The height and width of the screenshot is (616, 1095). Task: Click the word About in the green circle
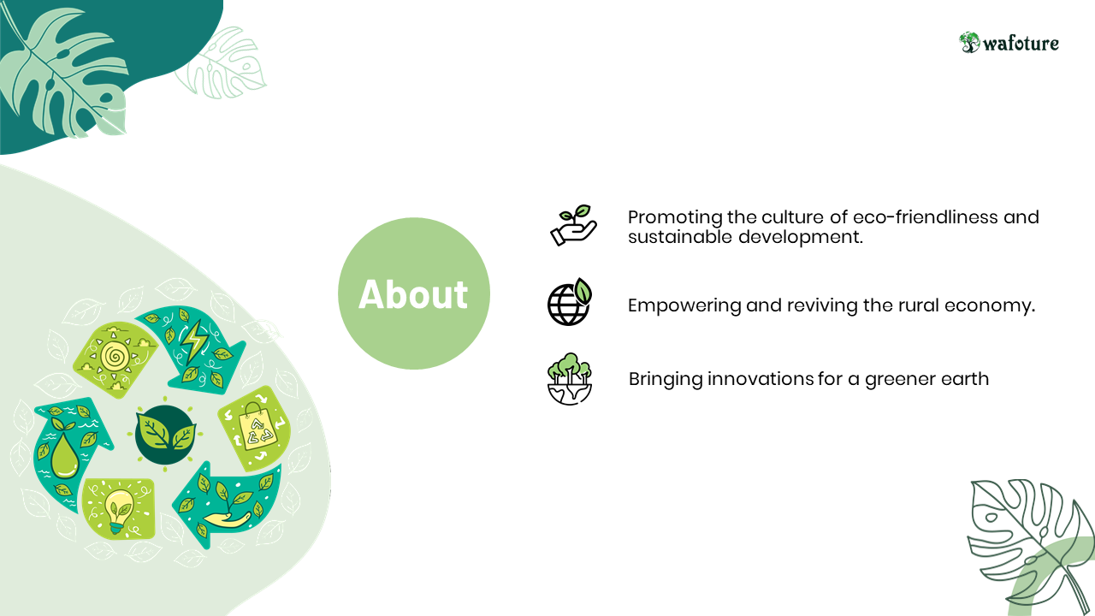[x=413, y=294]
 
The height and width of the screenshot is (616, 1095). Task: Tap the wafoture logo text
[x=1021, y=44]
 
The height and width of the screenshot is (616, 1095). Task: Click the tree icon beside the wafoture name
[x=969, y=43]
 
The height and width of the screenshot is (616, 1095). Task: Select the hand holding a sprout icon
[x=573, y=225]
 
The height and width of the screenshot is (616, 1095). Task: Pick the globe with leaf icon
[x=570, y=302]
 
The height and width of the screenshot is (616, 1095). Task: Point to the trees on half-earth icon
[x=570, y=379]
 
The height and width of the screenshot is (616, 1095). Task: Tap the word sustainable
[x=680, y=237]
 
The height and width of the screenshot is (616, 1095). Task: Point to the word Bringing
[x=666, y=379]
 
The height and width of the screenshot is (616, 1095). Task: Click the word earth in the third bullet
[x=965, y=379]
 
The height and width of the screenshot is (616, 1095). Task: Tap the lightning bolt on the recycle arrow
[x=193, y=341]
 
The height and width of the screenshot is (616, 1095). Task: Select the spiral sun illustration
[x=115, y=357]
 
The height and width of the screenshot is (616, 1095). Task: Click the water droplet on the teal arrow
[x=64, y=455]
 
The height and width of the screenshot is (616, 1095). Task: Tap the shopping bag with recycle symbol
[x=256, y=424]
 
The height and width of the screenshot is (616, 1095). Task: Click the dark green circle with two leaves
[x=165, y=435]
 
